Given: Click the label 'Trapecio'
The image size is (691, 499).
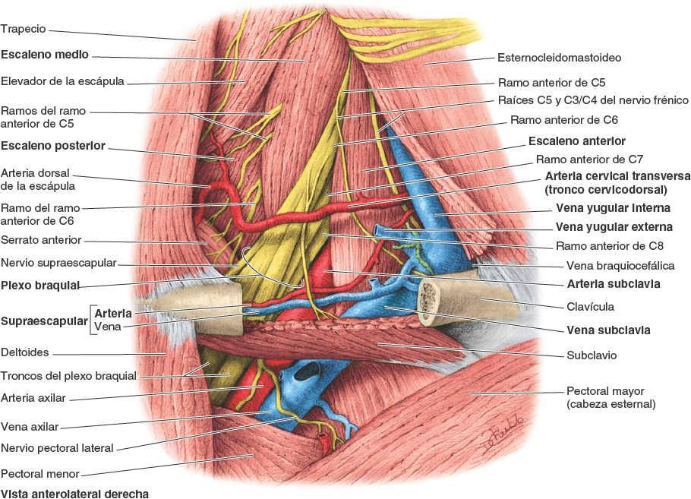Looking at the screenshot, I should (x=24, y=29).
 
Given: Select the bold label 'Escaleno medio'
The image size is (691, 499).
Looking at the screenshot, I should (x=45, y=55).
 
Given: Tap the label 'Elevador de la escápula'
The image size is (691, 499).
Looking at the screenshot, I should (x=62, y=81).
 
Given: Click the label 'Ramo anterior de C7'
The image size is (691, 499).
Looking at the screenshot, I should (x=589, y=159).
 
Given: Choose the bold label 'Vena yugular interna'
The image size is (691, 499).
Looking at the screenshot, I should (x=613, y=207).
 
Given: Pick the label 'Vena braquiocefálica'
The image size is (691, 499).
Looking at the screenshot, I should (x=620, y=266).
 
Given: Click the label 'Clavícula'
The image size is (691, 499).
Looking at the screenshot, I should (x=591, y=307).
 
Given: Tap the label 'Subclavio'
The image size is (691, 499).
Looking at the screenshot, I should (x=592, y=355).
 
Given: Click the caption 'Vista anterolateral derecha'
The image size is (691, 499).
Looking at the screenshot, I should (x=74, y=493).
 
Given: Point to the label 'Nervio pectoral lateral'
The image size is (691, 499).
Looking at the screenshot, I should (x=57, y=447).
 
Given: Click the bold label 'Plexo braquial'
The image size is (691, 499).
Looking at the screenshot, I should (x=41, y=286).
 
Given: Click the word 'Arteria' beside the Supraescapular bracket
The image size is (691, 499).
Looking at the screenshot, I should (x=113, y=313).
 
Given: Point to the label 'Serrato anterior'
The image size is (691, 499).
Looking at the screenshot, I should (x=41, y=241).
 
